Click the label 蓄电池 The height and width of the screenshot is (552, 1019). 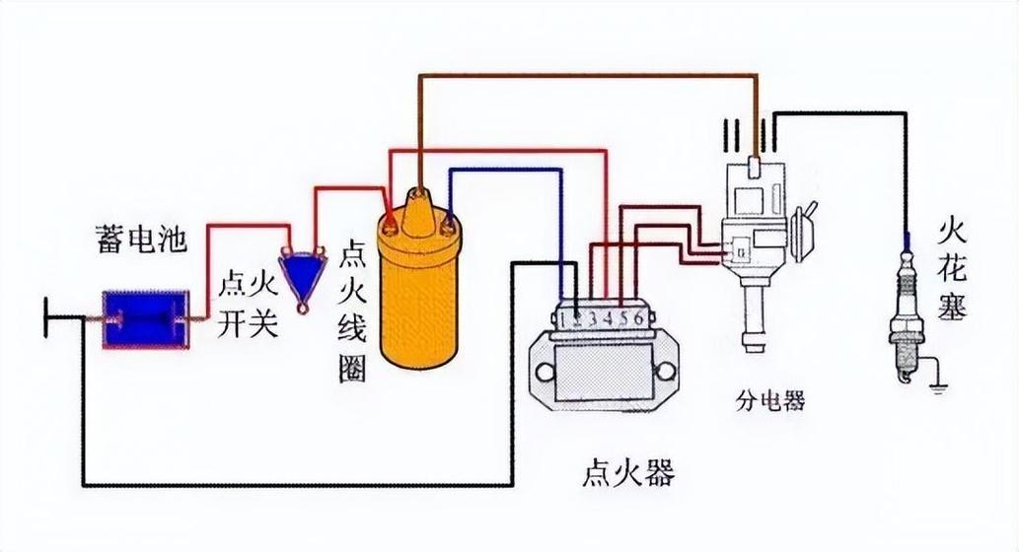click(140, 240)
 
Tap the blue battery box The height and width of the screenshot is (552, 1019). click(146, 319)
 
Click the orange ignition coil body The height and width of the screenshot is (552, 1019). click(419, 296)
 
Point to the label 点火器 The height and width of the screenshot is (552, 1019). click(627, 474)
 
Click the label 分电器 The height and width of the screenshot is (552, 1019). click(769, 400)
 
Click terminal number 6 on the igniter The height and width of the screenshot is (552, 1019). click(638, 318)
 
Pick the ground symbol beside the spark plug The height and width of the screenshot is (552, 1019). click(935, 386)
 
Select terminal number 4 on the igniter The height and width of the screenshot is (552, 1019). click(608, 318)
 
